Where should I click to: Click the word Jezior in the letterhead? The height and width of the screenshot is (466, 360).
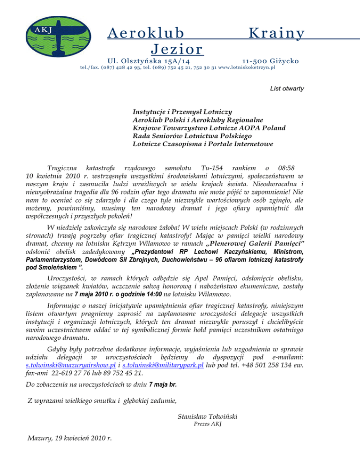(177, 49)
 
